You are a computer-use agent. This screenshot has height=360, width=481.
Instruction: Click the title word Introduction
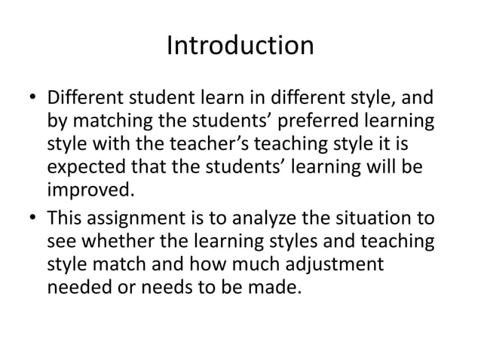[x=240, y=47]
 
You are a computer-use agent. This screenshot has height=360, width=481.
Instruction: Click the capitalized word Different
[x=85, y=99]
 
